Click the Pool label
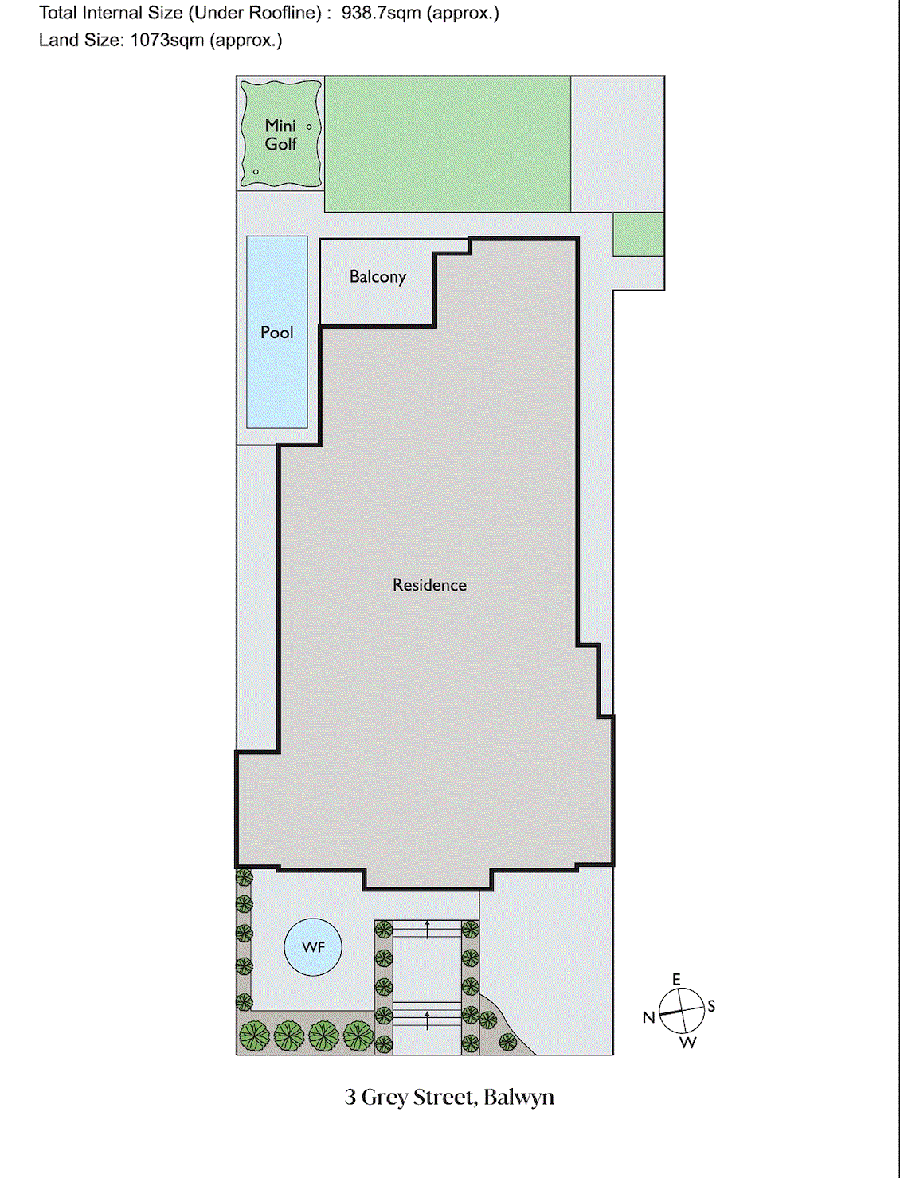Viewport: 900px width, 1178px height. (x=276, y=333)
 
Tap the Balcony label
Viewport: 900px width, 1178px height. (x=378, y=277)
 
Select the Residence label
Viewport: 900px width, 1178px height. (x=429, y=585)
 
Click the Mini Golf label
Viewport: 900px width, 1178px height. (x=280, y=135)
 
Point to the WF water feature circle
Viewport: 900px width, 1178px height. (x=313, y=947)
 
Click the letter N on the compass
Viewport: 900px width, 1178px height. (x=649, y=1017)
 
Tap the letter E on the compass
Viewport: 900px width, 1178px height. (x=677, y=980)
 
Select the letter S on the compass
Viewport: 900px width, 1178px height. (x=711, y=1006)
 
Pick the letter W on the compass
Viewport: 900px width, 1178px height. (x=688, y=1043)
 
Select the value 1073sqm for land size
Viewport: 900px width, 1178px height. (x=167, y=41)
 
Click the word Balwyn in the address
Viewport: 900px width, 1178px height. (x=518, y=1098)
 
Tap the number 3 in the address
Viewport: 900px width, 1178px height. (x=350, y=1098)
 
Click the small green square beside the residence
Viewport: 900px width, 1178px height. (x=638, y=234)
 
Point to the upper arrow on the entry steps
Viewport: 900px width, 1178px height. (x=428, y=928)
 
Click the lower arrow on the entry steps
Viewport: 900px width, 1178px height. (x=428, y=1019)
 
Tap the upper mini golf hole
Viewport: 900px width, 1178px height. (x=309, y=127)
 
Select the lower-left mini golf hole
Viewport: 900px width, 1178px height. (x=256, y=171)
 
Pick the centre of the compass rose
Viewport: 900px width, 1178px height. (x=682, y=1011)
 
